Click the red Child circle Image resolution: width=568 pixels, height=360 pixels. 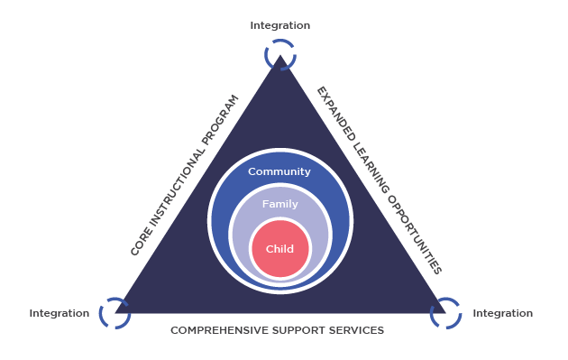(x=280, y=249)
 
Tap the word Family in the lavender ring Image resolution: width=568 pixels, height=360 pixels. (x=280, y=204)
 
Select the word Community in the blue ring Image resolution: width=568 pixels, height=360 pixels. (x=279, y=171)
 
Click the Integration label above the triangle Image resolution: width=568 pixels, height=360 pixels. (x=280, y=25)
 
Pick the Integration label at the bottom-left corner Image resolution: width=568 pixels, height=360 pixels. (x=59, y=313)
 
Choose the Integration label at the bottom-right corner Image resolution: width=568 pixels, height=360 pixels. (x=503, y=313)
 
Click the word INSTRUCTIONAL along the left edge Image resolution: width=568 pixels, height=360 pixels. (x=177, y=189)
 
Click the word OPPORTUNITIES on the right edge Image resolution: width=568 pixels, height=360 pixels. (x=415, y=235)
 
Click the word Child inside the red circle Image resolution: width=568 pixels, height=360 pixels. (x=279, y=249)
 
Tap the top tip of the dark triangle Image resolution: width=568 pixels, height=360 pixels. (x=280, y=55)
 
